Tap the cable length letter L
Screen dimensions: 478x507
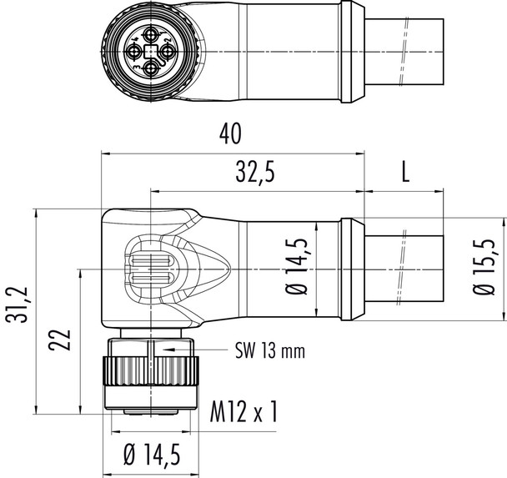(x=405, y=173)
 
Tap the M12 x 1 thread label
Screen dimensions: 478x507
(x=243, y=413)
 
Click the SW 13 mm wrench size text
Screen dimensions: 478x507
(x=269, y=351)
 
